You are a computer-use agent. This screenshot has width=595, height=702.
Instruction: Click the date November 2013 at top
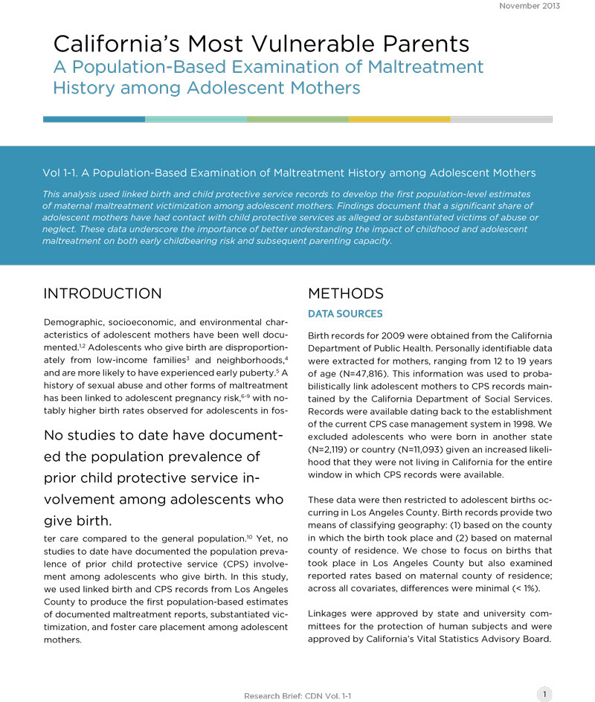click(530, 6)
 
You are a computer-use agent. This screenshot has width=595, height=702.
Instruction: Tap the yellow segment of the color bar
click(399, 119)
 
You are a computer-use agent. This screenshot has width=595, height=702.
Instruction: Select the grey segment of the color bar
click(501, 119)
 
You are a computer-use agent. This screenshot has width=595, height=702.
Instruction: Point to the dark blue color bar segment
click(94, 119)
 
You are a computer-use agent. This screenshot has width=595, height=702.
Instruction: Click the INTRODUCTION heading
click(103, 293)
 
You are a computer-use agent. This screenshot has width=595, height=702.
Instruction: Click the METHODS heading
click(346, 293)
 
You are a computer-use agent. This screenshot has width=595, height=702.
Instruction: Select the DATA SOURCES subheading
click(345, 315)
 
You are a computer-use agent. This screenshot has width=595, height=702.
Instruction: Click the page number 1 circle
click(545, 695)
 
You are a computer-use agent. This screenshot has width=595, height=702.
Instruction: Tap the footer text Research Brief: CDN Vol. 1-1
click(298, 696)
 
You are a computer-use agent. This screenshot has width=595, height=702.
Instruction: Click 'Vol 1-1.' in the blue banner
click(64, 173)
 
